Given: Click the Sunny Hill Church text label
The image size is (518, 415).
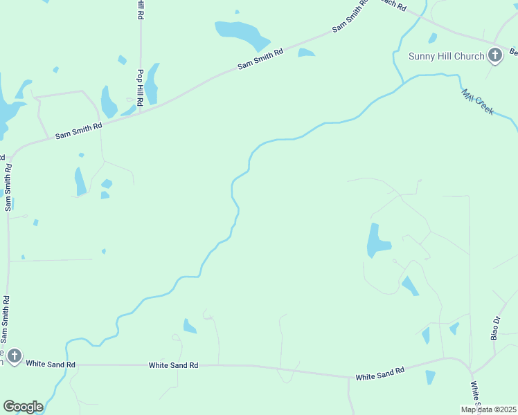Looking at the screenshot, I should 446,56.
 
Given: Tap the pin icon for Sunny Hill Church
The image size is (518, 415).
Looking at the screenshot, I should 494,55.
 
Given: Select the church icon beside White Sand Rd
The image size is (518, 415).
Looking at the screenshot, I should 13,357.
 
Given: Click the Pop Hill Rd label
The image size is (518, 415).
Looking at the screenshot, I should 140,87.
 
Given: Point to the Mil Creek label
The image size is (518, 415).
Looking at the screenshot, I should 478,101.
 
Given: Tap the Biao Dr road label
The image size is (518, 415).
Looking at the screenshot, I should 495,329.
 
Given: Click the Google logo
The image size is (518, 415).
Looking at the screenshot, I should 23,407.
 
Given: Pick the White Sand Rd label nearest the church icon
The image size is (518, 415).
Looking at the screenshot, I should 51,364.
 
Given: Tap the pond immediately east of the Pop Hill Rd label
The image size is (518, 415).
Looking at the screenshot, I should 152,84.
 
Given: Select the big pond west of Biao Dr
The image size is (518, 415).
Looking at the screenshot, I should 377,241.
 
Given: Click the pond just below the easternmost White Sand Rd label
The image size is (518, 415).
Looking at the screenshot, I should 430,378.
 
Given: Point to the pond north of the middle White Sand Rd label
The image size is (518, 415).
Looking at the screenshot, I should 189,326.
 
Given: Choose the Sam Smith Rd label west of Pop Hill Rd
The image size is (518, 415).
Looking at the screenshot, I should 79,131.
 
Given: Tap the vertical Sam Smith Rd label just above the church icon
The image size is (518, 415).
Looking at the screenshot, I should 6,320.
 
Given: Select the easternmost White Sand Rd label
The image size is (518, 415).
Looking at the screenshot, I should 379,375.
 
